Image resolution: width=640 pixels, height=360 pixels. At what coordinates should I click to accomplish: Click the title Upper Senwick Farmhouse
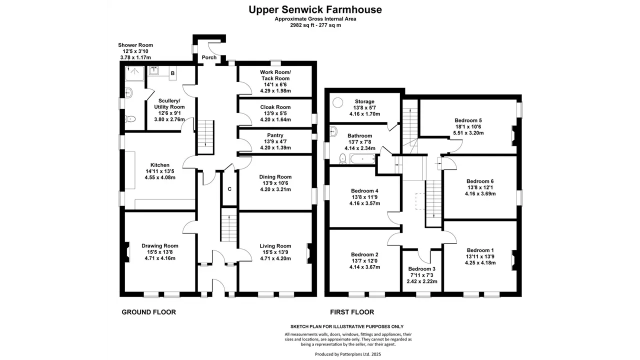coord(315,9)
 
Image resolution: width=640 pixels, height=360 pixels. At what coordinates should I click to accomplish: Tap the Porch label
coord(209,57)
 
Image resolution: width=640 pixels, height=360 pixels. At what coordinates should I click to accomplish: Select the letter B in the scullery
coord(172,73)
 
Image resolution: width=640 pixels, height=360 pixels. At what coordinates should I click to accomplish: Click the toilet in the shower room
coord(130,118)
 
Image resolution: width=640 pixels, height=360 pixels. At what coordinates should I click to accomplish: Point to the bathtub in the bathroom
coord(362,159)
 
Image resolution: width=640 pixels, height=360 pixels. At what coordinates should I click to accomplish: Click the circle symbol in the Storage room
coord(337,102)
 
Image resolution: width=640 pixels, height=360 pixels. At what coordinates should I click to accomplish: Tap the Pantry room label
coord(275,135)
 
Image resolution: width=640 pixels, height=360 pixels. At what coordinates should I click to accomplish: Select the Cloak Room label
coord(275,107)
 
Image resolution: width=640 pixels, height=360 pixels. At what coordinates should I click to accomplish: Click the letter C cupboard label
coord(229,189)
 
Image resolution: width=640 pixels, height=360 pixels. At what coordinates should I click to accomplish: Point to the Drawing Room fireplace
coord(127,252)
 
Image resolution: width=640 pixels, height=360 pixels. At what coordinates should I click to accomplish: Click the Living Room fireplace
coord(309,253)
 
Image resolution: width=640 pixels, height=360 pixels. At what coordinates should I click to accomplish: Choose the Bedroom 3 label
coord(421,269)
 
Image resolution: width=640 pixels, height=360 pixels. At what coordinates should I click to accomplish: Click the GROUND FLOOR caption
coord(149,312)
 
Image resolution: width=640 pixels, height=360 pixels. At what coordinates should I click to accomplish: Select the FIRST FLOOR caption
coord(352,312)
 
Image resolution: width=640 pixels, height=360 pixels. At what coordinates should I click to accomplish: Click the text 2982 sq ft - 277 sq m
coord(315,25)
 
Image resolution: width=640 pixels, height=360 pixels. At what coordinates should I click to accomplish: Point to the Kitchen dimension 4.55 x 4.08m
coord(160,177)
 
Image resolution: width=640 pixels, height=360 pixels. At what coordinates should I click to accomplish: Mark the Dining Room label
coord(275,177)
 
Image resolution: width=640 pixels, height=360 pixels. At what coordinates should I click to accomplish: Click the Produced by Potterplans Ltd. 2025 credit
coord(348,354)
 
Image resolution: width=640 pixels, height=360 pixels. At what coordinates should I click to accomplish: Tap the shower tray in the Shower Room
coord(135,73)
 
